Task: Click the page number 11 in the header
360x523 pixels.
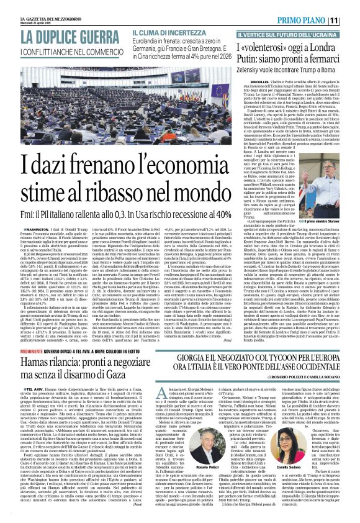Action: (351, 20)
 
